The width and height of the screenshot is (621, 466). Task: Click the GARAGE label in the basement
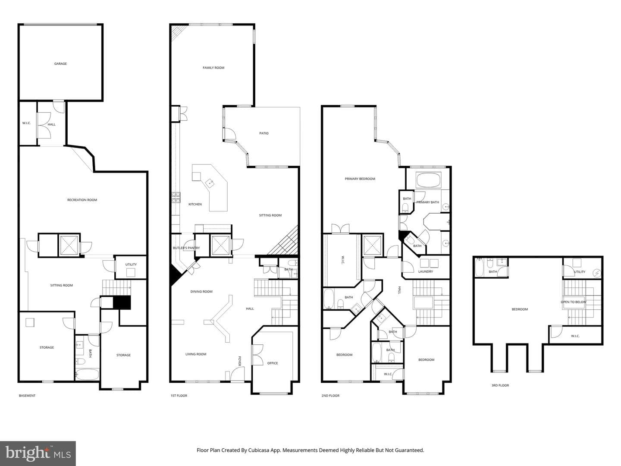tap(60, 64)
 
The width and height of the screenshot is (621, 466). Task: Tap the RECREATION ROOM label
tap(82, 200)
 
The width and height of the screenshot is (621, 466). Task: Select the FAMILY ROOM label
tap(213, 68)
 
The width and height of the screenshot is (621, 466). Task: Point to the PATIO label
tap(263, 133)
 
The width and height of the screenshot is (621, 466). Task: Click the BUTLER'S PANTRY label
tap(186, 248)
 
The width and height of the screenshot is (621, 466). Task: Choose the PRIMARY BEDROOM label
tap(360, 179)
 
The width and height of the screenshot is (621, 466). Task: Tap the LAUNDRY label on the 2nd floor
tap(426, 271)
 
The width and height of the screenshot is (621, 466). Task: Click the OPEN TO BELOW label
tap(574, 302)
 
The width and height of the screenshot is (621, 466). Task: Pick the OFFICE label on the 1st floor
tap(273, 363)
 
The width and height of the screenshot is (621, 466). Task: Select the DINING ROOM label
tap(201, 291)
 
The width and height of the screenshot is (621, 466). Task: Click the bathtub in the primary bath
tap(428, 180)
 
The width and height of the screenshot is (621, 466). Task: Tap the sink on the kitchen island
tap(210, 183)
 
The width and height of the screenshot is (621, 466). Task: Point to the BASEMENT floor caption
tap(27, 396)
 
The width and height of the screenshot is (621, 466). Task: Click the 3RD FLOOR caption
tap(500, 385)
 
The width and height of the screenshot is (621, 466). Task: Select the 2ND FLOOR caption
tap(330, 396)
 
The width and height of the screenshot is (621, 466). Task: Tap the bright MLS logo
tap(38, 453)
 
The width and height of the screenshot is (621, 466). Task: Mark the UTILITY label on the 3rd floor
tap(580, 272)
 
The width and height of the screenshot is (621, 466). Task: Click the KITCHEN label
tap(195, 204)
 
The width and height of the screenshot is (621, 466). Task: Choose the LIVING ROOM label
tap(196, 354)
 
